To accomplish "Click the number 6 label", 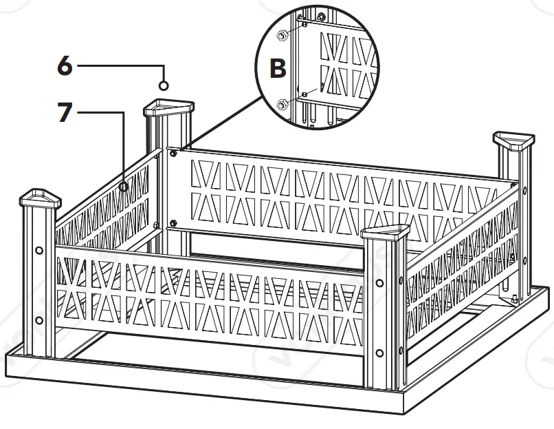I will (x=64, y=66).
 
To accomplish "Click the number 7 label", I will (x=64, y=113).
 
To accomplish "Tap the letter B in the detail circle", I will (x=277, y=69).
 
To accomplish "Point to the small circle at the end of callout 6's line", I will (x=164, y=85).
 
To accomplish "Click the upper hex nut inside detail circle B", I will (x=281, y=36).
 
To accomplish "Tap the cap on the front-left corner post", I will (x=40, y=200).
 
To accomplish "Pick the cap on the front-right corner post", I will (x=385, y=235).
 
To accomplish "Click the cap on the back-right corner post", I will (x=514, y=144).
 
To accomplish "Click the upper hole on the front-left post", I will (x=38, y=251).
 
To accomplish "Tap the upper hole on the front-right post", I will (x=379, y=283).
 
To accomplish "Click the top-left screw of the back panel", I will (x=173, y=153).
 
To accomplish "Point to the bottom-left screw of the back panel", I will (x=172, y=223).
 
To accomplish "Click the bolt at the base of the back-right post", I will (x=513, y=300).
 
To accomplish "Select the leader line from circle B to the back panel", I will (x=220, y=124).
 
